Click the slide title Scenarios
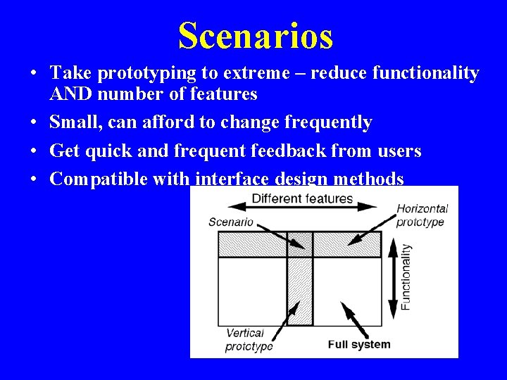[x=255, y=35]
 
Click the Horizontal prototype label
[x=421, y=215]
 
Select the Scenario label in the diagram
[x=231, y=222]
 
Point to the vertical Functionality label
[x=406, y=277]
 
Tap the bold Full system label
[x=358, y=344]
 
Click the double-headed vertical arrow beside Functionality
[x=392, y=278]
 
